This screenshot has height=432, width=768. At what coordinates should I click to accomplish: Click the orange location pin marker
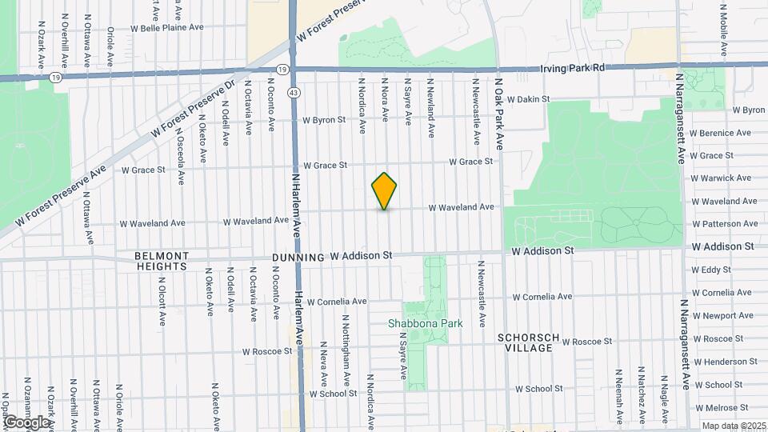pos(385,190)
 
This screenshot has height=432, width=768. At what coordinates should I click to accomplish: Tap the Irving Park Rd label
pos(572,69)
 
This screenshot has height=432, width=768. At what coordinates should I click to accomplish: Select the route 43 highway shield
pos(294,94)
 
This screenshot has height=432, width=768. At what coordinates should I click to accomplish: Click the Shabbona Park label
pos(414,323)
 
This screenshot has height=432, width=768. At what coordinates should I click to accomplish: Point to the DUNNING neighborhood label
pos(298,258)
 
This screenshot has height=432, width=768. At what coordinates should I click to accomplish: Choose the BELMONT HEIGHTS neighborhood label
pos(162,262)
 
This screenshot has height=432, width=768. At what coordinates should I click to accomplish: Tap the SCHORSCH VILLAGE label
pos(526,342)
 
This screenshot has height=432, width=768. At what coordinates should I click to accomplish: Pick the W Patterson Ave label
pos(725,224)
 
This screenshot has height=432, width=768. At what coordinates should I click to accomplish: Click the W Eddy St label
pos(711,270)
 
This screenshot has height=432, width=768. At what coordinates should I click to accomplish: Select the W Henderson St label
pos(726,362)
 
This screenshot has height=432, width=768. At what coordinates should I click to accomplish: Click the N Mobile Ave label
pos(722,30)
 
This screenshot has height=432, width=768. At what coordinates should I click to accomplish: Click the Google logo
pos(26,422)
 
